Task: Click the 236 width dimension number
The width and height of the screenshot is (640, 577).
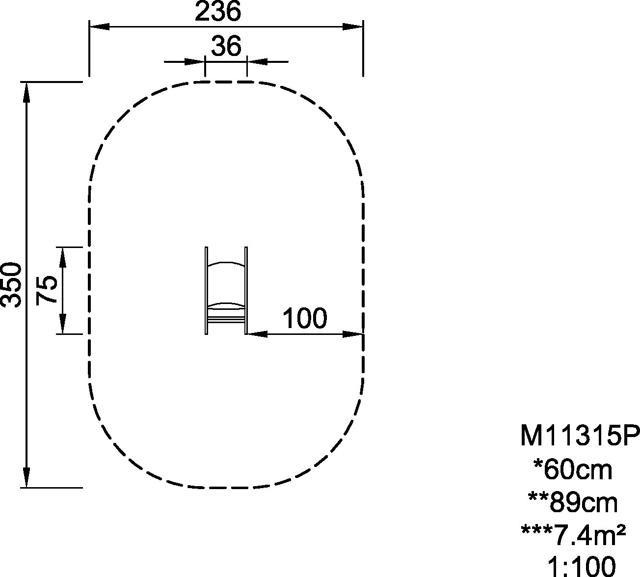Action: point(218,11)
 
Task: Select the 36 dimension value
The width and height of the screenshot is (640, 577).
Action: point(226,46)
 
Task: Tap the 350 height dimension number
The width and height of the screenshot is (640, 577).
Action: point(11,285)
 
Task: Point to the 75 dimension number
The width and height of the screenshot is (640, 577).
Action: point(47,290)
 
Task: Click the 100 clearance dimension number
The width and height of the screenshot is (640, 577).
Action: point(305,318)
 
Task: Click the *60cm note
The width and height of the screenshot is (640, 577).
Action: point(573,470)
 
